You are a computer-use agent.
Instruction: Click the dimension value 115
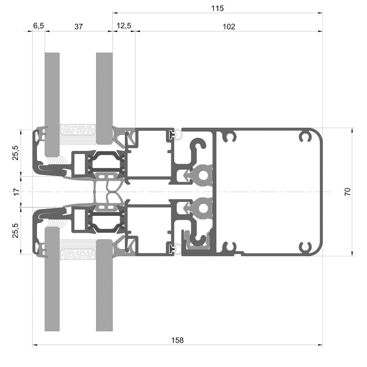pyautogui.click(x=217, y=8)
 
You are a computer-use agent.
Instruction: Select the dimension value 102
pyautogui.click(x=229, y=27)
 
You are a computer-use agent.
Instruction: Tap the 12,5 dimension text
pyautogui.click(x=124, y=25)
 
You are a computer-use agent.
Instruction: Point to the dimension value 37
pyautogui.click(x=78, y=27)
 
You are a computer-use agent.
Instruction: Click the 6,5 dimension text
pyautogui.click(x=38, y=25)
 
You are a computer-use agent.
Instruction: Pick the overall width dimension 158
pyautogui.click(x=177, y=340)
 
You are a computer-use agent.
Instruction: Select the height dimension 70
pyautogui.click(x=348, y=192)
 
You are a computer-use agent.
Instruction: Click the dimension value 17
pyautogui.click(x=16, y=192)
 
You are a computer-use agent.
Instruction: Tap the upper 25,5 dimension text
pyautogui.click(x=15, y=153)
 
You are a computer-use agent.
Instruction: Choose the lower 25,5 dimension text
pyautogui.click(x=15, y=230)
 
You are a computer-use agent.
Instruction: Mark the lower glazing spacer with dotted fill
pyautogui.click(x=78, y=254)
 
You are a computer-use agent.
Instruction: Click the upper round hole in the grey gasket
pyautogui.click(x=204, y=175)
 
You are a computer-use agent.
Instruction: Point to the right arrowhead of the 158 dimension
pyautogui.click(x=320, y=345)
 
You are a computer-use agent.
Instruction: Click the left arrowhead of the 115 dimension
pyautogui.click(x=115, y=13)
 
